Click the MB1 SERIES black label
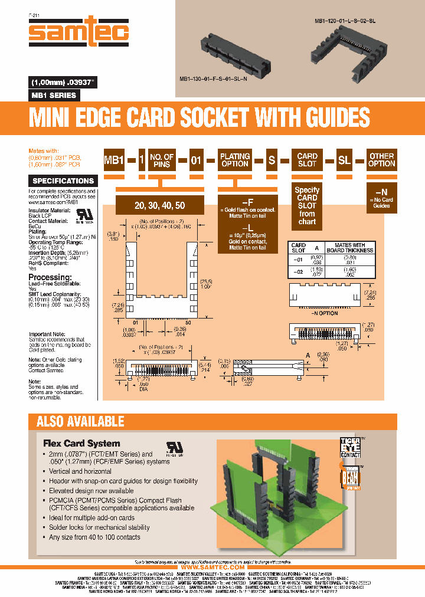tap(53, 95)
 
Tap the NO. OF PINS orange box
tap(162, 160)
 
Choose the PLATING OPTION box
tap(235, 160)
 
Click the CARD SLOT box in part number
tap(307, 160)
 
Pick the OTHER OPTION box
tap(381, 160)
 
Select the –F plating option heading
tap(248, 202)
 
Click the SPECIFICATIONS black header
tap(63, 181)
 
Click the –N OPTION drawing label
tap(323, 313)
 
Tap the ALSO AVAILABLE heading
tap(80, 421)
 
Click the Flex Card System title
tap(81, 443)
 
